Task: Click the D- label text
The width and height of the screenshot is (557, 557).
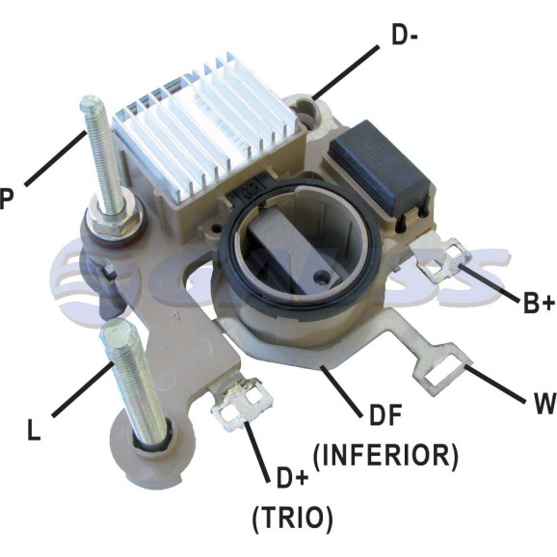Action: (x=405, y=36)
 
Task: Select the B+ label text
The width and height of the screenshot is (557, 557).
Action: (x=539, y=303)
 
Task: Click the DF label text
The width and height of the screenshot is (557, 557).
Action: (x=385, y=414)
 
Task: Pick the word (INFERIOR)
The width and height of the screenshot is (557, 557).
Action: (x=385, y=456)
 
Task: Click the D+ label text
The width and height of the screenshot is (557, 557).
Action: (x=292, y=478)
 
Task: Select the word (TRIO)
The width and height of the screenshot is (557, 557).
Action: (x=292, y=517)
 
